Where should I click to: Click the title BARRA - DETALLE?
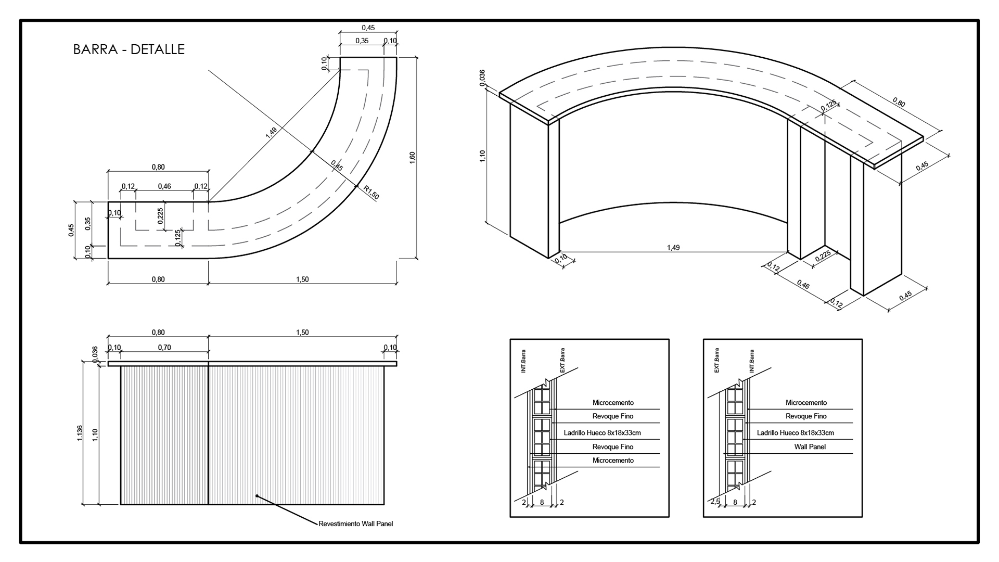[129, 49]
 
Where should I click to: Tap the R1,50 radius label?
[372, 193]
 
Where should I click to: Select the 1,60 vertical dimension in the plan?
[412, 158]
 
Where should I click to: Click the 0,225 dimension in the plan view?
[160, 216]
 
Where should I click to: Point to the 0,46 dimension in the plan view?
[164, 186]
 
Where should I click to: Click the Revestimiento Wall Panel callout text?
[356, 524]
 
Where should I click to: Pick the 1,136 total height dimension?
[80, 433]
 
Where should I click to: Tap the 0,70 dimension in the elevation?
[164, 348]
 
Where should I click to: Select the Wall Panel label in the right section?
[810, 446]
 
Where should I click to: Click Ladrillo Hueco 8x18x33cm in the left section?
[602, 432]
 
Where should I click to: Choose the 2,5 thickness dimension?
[715, 502]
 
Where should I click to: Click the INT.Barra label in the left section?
[523, 361]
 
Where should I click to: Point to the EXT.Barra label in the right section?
[716, 360]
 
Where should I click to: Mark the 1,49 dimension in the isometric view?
[673, 248]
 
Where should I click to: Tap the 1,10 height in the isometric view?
[482, 156]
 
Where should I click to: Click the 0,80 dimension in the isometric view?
[899, 103]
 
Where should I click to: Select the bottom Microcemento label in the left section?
[613, 461]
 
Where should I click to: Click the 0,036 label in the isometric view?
[482, 77]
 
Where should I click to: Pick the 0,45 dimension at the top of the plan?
[368, 28]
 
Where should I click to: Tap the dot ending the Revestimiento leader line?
[257, 496]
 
